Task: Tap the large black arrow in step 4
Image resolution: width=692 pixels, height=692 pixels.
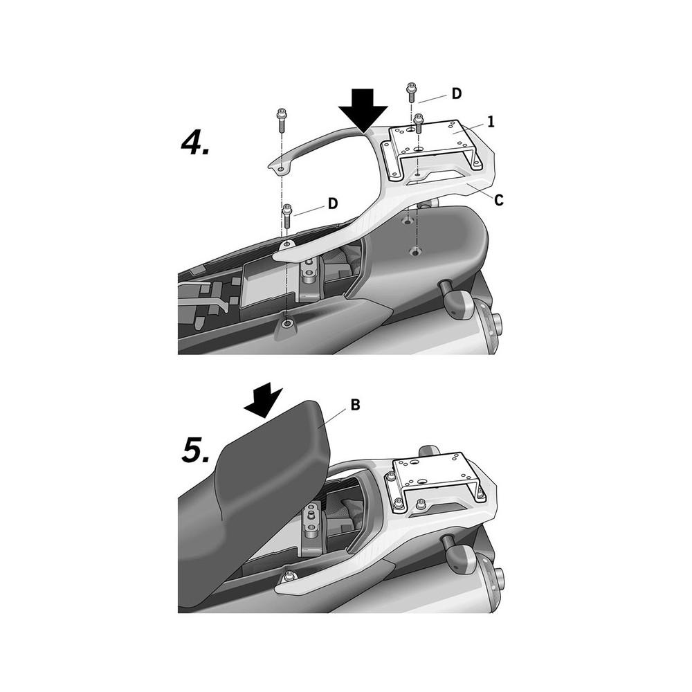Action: coord(363,111)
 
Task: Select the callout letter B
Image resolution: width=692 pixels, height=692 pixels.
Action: coord(355,405)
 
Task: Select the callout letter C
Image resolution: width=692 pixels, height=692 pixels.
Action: coord(499,201)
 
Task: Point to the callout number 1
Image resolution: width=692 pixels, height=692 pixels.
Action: coord(491,122)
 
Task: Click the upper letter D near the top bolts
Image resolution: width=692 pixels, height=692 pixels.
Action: coord(456,93)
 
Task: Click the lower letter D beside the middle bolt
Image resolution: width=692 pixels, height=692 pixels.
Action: coord(333,203)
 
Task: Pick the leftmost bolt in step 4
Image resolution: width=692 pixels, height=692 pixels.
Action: coord(282,120)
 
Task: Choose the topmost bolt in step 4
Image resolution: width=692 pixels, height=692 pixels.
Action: coord(411,91)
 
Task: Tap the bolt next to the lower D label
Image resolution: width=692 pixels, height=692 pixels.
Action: coord(288,215)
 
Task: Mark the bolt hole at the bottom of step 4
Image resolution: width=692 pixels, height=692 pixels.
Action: coord(287,325)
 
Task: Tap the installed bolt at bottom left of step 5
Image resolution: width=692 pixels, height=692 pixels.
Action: coord(289,575)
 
